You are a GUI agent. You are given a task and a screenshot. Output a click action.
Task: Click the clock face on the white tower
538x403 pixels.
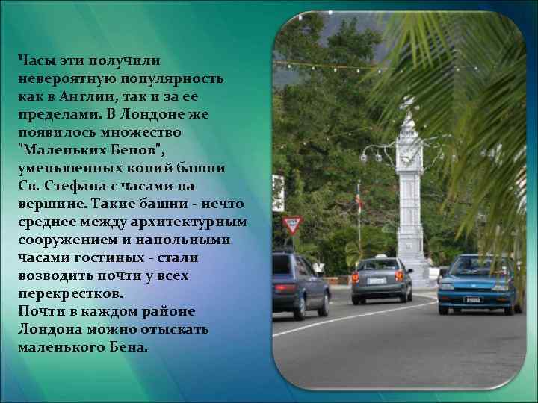coord(408,157)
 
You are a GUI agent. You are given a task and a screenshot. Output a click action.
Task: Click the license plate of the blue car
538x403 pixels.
coord(473,299)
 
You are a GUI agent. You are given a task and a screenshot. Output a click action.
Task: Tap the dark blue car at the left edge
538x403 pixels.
coord(299,284)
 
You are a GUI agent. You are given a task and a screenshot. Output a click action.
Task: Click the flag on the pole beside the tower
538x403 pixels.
coord(358,200)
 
